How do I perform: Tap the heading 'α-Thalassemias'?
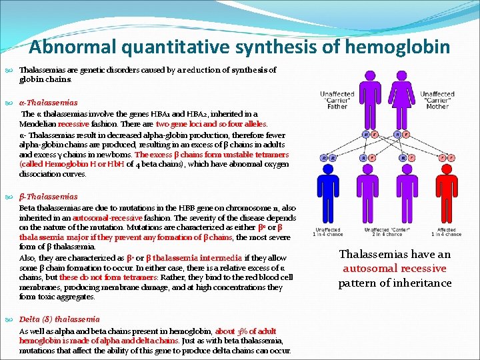49,103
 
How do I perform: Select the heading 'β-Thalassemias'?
48,197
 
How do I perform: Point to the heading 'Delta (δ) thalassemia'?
59,319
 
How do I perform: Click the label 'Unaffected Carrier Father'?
337,101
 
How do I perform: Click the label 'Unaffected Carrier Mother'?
437,101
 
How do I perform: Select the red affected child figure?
445,193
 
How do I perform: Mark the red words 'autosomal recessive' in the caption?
395,269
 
